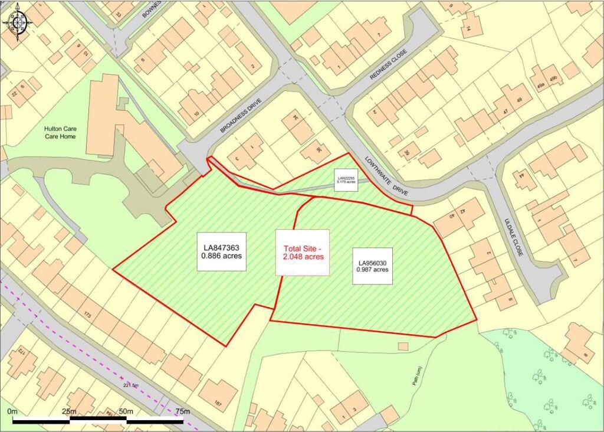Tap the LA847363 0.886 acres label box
coord(221,253)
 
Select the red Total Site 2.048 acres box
coord(303,253)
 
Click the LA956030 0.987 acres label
coord(372,266)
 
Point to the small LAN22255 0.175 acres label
coord(346,179)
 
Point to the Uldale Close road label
coord(517,239)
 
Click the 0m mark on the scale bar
coord(12,411)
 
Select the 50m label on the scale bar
coord(126,411)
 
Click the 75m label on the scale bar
coord(182,411)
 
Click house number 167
coord(219,404)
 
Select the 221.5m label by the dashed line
coord(130,385)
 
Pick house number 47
coord(505,110)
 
